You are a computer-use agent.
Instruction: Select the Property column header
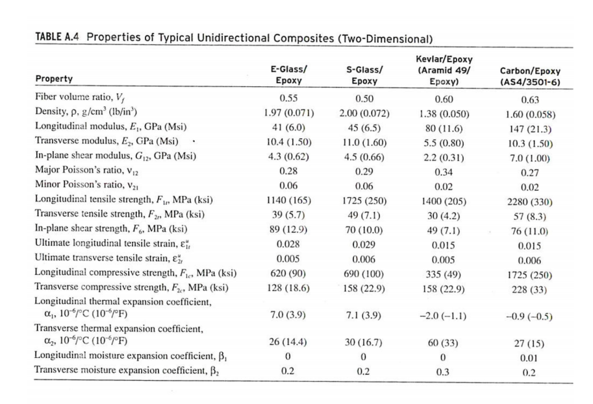[x=53, y=80]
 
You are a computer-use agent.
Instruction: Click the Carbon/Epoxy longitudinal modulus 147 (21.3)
[x=531, y=129]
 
